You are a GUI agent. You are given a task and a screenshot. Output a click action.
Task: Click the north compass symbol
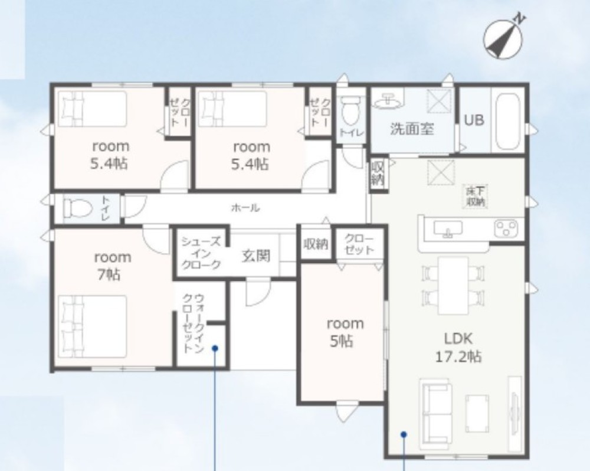[503, 38]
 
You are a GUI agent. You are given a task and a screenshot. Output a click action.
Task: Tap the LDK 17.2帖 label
[458, 347]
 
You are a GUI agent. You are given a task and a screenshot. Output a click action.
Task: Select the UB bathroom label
[474, 120]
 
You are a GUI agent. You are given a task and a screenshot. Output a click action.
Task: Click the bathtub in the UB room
[507, 120]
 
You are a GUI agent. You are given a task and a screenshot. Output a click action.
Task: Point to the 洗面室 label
[412, 129]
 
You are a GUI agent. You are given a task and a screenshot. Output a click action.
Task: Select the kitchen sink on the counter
[448, 229]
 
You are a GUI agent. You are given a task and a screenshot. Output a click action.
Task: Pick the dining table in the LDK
[454, 286]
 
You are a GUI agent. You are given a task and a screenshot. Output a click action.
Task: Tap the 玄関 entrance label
[256, 256]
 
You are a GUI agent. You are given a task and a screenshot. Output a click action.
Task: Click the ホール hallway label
[245, 207]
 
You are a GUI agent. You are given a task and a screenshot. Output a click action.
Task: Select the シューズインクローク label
[201, 253]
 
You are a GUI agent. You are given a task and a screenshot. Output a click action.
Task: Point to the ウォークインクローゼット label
[194, 323]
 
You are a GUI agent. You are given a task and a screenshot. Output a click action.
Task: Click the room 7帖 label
[112, 266]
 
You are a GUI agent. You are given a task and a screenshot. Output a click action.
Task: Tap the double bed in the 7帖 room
[93, 326]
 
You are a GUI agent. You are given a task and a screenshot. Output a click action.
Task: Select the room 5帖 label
[345, 332]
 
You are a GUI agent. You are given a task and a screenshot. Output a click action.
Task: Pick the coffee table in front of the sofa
[477, 413]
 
